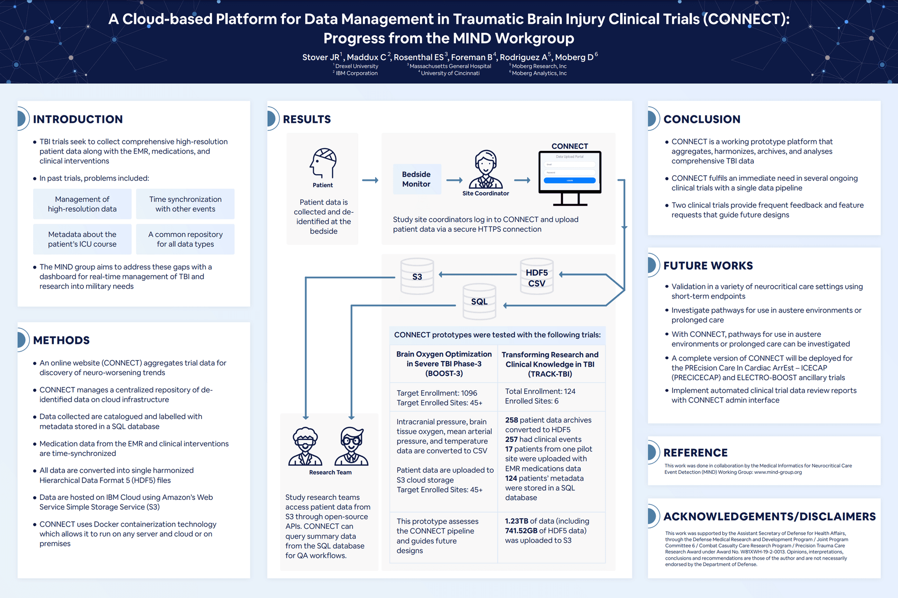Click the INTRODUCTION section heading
[78, 119]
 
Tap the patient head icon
[323, 163]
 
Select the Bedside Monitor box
[417, 179]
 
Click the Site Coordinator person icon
[485, 169]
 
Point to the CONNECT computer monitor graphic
[570, 178]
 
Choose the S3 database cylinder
[417, 277]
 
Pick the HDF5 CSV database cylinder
[536, 277]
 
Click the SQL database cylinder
[479, 301]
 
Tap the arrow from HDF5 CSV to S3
[478, 275]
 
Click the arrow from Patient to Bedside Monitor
[370, 180]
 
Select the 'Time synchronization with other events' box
[185, 204]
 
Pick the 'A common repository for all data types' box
[185, 239]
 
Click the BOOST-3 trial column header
[444, 364]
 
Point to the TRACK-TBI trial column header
[550, 364]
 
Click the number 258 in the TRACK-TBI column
[511, 420]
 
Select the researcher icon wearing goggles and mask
[305, 446]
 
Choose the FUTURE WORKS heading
[708, 265]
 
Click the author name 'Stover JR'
[321, 57]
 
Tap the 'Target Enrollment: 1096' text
[437, 393]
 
